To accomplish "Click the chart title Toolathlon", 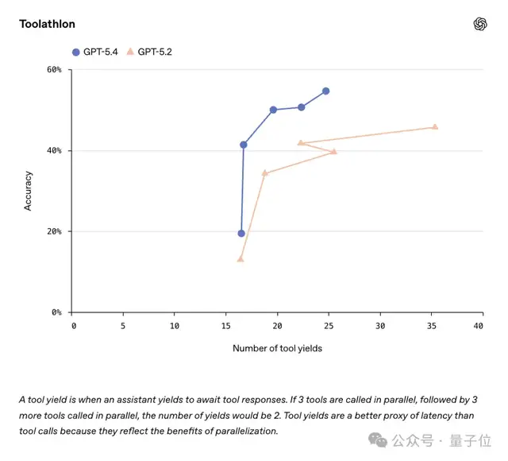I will pyautogui.click(x=47, y=24).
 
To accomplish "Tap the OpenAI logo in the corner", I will pyautogui.click(x=480, y=24).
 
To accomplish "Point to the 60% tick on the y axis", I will pyautogui.click(x=53, y=70).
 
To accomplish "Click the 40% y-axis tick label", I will pyautogui.click(x=53, y=151).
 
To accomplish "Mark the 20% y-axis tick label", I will pyautogui.click(x=53, y=232).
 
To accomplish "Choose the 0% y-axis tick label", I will pyautogui.click(x=56, y=313).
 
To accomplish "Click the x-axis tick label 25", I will pyautogui.click(x=329, y=326).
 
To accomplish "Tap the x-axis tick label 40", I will pyautogui.click(x=478, y=326).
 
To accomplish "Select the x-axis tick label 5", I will pyautogui.click(x=123, y=326).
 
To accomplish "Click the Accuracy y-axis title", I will pyautogui.click(x=29, y=191).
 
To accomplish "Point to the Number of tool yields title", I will pyautogui.click(x=277, y=348).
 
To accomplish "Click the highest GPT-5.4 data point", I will pyautogui.click(x=325, y=91).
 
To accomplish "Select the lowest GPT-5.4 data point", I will pyautogui.click(x=241, y=233).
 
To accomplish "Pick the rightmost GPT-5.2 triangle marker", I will pyautogui.click(x=435, y=127).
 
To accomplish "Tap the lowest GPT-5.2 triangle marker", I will pyautogui.click(x=241, y=259).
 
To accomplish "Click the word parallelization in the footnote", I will pyautogui.click(x=236, y=432).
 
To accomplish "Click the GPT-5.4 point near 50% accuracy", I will pyautogui.click(x=273, y=110).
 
